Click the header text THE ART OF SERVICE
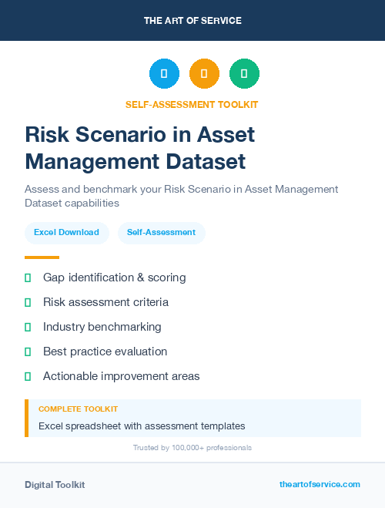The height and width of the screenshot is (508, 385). click(192, 21)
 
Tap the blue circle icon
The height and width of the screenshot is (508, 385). click(164, 74)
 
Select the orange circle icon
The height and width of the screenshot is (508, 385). click(204, 74)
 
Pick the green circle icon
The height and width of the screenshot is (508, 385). click(244, 74)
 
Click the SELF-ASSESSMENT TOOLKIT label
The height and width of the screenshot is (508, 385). click(192, 104)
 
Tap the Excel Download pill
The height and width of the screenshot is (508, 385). click(66, 232)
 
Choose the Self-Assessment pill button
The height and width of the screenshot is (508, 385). click(161, 232)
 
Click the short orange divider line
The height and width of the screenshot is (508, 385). click(42, 257)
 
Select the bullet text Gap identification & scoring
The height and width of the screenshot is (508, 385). click(114, 278)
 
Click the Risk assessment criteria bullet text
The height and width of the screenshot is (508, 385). click(105, 302)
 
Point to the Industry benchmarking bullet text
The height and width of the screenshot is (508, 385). click(102, 327)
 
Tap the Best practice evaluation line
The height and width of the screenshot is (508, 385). click(105, 352)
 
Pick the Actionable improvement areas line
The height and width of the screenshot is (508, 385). click(121, 376)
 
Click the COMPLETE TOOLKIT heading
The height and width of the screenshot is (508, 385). click(78, 409)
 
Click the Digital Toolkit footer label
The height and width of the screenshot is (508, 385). click(55, 485)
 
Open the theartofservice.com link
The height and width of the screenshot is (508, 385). click(320, 484)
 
